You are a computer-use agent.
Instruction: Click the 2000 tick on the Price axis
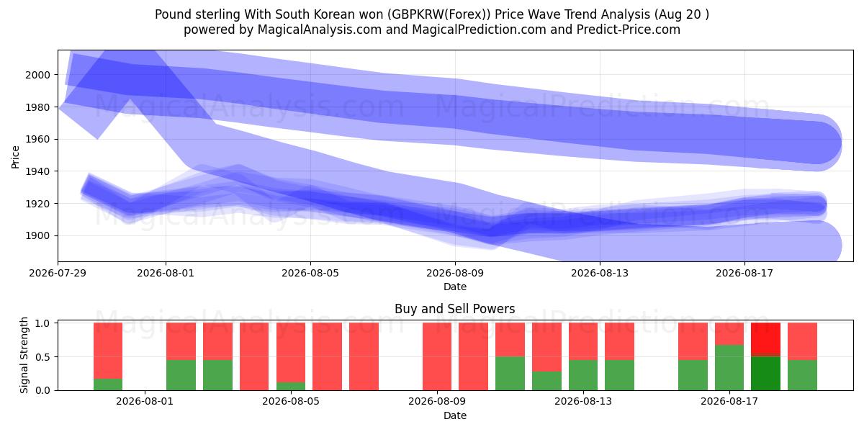point(37,75)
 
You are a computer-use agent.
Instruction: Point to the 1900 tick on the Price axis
point(37,235)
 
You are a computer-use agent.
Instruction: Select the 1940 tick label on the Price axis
point(37,171)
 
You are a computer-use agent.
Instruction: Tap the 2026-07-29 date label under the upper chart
point(58,273)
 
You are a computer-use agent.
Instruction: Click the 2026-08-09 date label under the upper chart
point(455,273)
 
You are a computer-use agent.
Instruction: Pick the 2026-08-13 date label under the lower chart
point(583,402)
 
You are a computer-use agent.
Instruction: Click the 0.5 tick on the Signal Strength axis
point(42,357)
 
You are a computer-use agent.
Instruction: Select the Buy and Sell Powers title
point(455,309)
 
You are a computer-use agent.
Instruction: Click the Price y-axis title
point(15,158)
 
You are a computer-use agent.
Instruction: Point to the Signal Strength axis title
point(24,355)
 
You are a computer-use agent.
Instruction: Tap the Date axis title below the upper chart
point(455,287)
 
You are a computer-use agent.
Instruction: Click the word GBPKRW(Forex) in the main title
point(439,14)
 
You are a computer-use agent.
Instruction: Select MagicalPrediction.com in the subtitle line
point(479,30)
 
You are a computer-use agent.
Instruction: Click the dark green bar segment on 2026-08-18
point(765,374)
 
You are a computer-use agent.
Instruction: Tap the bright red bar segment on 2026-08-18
point(765,338)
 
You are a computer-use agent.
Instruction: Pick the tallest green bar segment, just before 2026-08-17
point(729,368)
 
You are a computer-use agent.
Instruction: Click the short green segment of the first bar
point(108,384)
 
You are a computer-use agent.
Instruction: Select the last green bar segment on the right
point(802,375)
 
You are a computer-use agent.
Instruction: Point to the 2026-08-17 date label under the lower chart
point(729,402)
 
